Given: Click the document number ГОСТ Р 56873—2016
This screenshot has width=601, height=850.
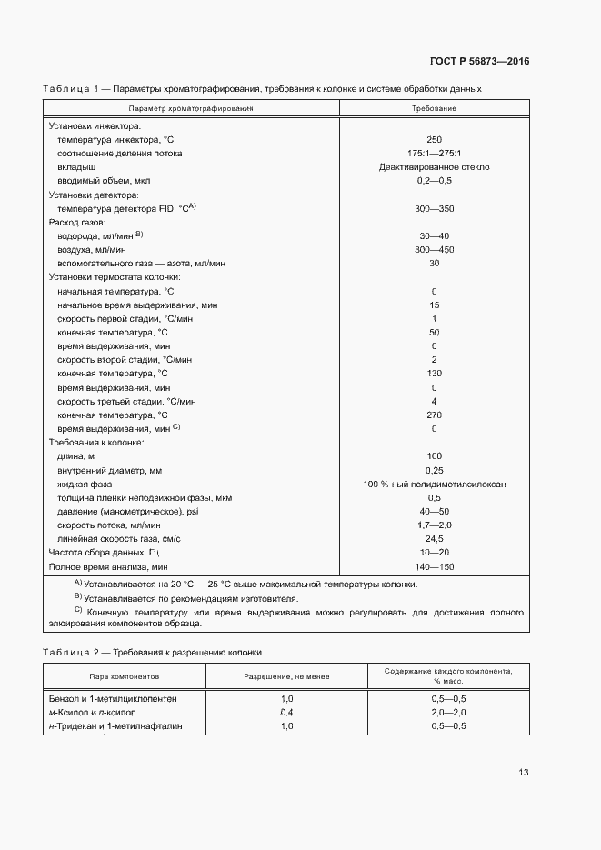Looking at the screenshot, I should point(478,62).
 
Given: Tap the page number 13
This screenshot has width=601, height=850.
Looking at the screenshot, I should point(524,773).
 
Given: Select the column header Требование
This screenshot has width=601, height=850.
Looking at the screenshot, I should point(434,108).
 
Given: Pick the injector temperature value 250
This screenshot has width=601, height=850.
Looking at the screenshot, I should point(434,140).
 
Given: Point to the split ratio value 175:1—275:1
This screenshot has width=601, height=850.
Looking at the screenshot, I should point(434,154).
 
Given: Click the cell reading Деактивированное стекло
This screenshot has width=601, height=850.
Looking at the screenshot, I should point(434,167).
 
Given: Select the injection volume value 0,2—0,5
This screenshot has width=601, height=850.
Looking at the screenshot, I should point(434,181).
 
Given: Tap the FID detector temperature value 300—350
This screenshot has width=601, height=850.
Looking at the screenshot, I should point(434,208).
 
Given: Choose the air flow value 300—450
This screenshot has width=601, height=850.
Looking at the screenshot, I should point(434,249).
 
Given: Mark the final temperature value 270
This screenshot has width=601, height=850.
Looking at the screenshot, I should point(434,415).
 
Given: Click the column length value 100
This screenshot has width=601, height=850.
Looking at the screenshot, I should point(434,455).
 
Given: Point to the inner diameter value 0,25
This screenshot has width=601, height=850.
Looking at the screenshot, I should point(434,470).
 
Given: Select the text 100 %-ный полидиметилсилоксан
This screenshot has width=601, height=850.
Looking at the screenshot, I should point(434,484).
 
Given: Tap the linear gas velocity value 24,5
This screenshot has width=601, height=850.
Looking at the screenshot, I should point(434,538).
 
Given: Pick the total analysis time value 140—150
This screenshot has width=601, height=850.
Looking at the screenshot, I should point(434,566).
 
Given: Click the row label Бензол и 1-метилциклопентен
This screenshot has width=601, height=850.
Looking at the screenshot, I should point(113,698).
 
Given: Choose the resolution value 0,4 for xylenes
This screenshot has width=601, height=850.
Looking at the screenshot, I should point(286,712).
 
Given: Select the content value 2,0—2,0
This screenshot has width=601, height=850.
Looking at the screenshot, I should point(448,712).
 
